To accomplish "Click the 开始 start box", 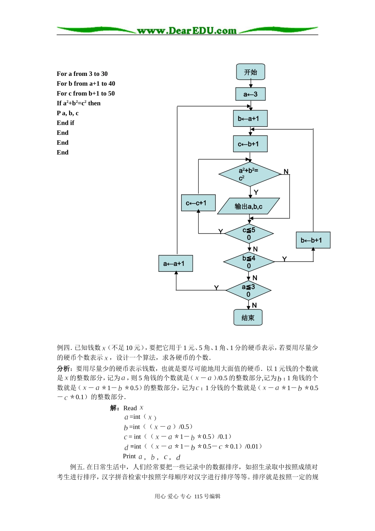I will [250, 72].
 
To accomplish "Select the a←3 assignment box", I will [250, 94].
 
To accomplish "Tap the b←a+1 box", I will [250, 119].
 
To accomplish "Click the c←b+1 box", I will [250, 144].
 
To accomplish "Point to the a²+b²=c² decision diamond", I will [249, 174].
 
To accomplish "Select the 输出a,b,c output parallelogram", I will [248, 206].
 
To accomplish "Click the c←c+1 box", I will [198, 203].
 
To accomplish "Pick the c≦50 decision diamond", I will [249, 233].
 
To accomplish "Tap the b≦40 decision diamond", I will [249, 262].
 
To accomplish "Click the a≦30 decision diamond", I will [248, 290].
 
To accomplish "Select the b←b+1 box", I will [313, 240].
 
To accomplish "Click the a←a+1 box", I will [175, 264].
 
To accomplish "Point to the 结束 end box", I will [248, 318].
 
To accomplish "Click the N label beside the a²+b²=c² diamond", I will [286, 172].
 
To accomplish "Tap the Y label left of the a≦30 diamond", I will [216, 288].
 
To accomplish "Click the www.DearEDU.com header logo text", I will [187, 31].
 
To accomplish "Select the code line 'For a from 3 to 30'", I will [82, 74].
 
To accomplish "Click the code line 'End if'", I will [66, 123].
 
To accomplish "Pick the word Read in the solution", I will [130, 408].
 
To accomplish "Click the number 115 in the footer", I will [199, 497].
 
